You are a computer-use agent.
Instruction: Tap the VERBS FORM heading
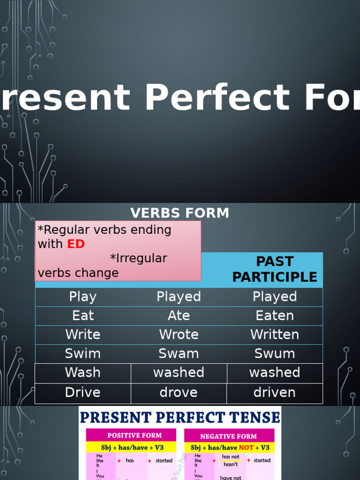click(x=180, y=213)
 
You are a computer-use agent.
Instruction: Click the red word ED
click(x=76, y=244)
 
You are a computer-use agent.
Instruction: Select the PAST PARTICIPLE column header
click(x=275, y=269)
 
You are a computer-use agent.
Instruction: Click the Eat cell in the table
click(x=83, y=315)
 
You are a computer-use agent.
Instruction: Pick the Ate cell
click(x=179, y=315)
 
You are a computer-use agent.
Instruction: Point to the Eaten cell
click(x=275, y=315)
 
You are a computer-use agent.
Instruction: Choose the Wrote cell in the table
click(x=179, y=335)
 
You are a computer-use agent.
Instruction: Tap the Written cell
click(x=275, y=335)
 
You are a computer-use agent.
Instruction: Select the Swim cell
click(x=83, y=353)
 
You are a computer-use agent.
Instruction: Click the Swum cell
click(x=275, y=353)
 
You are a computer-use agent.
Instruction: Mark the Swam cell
click(x=179, y=353)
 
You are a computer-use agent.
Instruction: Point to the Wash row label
click(x=83, y=373)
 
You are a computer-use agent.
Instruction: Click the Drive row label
click(x=83, y=392)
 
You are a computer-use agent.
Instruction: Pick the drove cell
click(x=179, y=392)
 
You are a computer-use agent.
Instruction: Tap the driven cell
click(x=275, y=392)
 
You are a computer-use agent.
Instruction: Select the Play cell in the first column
click(x=83, y=297)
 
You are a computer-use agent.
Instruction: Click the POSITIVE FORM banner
click(x=135, y=435)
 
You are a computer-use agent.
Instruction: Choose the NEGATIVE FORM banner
click(x=228, y=436)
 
